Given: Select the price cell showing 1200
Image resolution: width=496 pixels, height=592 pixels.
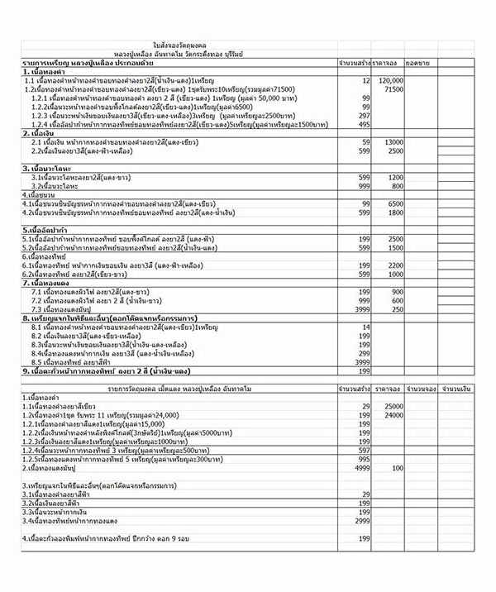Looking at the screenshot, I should (394, 178).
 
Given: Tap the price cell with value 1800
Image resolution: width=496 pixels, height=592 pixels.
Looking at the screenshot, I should (394, 212).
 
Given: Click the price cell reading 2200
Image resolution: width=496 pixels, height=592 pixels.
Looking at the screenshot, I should (394, 265).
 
